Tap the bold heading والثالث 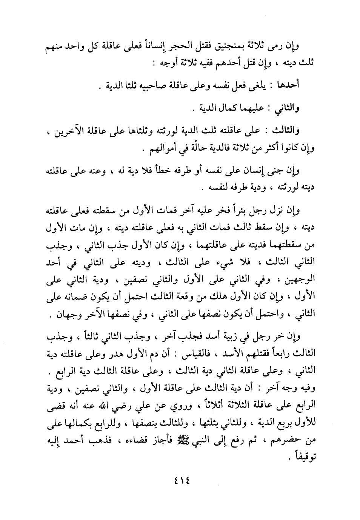[x=286, y=131]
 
